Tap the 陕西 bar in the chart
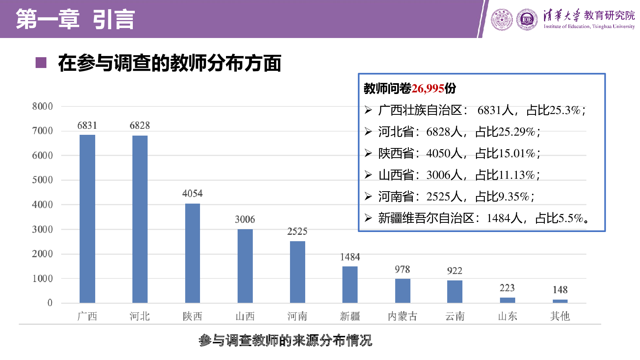coord(192,253)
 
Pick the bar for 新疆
coord(350,284)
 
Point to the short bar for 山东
coord(508,300)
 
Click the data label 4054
coord(192,194)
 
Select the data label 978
coord(402,270)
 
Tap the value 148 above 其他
coord(560,290)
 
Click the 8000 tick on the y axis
coord(42,106)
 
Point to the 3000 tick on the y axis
coord(42,230)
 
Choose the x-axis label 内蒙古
coord(402,316)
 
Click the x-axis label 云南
coord(455,316)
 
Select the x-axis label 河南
coord(297,316)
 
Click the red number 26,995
coord(428,88)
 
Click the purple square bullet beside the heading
coord(41,63)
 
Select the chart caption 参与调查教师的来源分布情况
coord(285,340)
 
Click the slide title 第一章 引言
coord(76,19)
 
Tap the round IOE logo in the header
coord(527,20)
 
